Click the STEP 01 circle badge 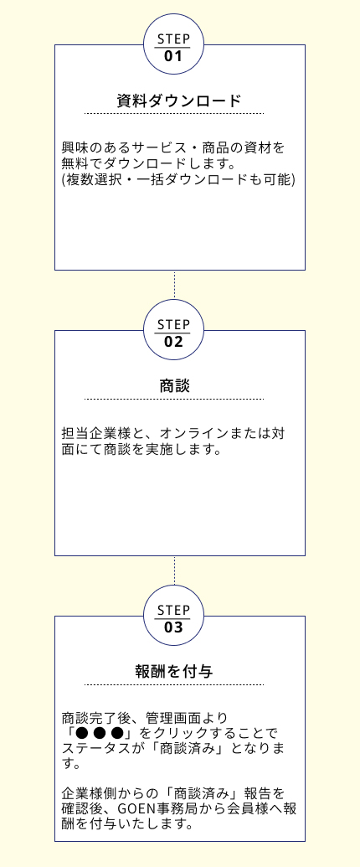coord(173,44)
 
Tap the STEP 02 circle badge coord(173,330)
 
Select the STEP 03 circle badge coord(173,616)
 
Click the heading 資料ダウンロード coord(179,101)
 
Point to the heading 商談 coord(174,386)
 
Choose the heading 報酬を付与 coord(174,672)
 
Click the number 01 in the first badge coord(173,56)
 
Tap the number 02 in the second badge coord(173,342)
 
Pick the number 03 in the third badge coord(173,627)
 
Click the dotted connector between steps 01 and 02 coord(174,285)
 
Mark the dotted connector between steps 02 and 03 coord(174,570)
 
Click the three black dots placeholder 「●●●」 coord(100,733)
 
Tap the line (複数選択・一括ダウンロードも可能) coord(178,180)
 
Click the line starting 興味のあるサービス coord(173,149)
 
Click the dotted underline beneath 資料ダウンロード coord(174,113)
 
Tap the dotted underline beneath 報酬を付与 coord(174,684)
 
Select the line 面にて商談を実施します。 coord(141,450)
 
